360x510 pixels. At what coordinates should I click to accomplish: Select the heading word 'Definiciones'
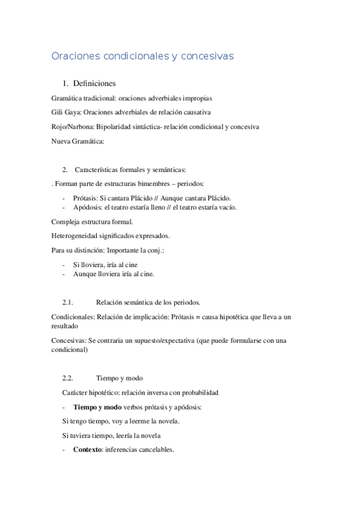tap(93, 83)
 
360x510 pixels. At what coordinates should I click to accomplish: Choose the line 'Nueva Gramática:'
tap(78, 141)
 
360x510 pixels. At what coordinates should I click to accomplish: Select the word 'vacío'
tap(225, 207)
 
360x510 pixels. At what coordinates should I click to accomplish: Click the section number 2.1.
tap(67, 301)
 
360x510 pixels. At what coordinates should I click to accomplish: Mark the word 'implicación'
tap(143, 316)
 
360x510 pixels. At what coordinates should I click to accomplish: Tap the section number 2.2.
tap(67, 378)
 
